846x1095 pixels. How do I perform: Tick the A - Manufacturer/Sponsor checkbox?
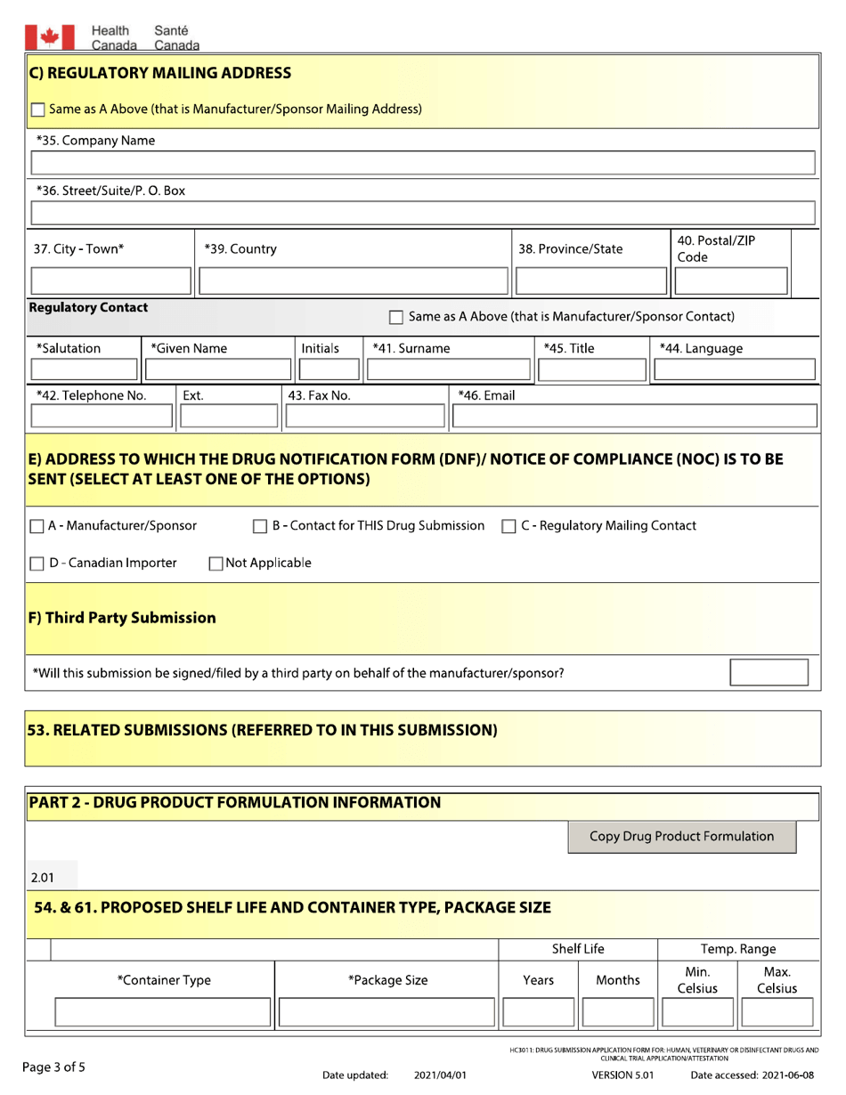(37, 526)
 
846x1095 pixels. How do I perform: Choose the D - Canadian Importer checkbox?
(37, 563)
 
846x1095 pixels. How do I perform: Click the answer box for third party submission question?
(769, 672)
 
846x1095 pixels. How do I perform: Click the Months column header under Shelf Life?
(616, 980)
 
